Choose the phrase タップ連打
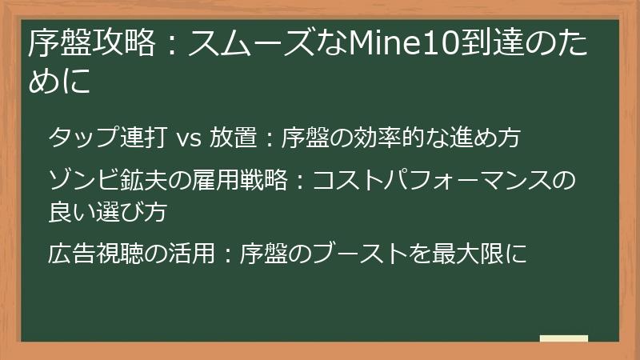(107, 138)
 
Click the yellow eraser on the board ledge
(563, 338)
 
